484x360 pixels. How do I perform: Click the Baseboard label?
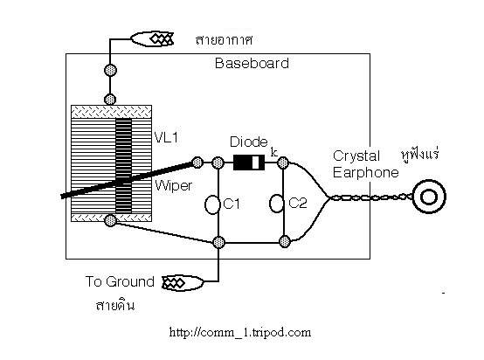click(252, 63)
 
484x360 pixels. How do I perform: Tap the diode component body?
click(249, 163)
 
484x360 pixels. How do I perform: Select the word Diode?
click(249, 142)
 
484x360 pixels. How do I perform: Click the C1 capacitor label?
click(232, 204)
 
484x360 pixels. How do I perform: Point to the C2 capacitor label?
click(298, 203)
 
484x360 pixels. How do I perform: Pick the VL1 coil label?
click(166, 137)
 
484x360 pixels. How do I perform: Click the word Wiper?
click(174, 185)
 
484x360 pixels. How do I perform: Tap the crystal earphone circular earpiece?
click(429, 197)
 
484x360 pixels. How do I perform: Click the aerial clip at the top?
click(152, 39)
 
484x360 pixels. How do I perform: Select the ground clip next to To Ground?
click(183, 283)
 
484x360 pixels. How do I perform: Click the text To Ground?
click(120, 281)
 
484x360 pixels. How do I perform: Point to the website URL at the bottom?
click(240, 333)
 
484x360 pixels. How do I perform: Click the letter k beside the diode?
click(273, 152)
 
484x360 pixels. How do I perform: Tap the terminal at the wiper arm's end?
click(197, 163)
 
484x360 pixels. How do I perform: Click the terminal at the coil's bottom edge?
click(110, 220)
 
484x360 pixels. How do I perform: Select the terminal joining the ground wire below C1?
click(218, 242)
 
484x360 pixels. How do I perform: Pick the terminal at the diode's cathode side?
click(283, 163)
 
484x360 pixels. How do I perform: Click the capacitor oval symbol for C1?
click(211, 204)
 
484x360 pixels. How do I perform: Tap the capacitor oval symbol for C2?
click(276, 204)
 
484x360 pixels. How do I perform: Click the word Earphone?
click(366, 173)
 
